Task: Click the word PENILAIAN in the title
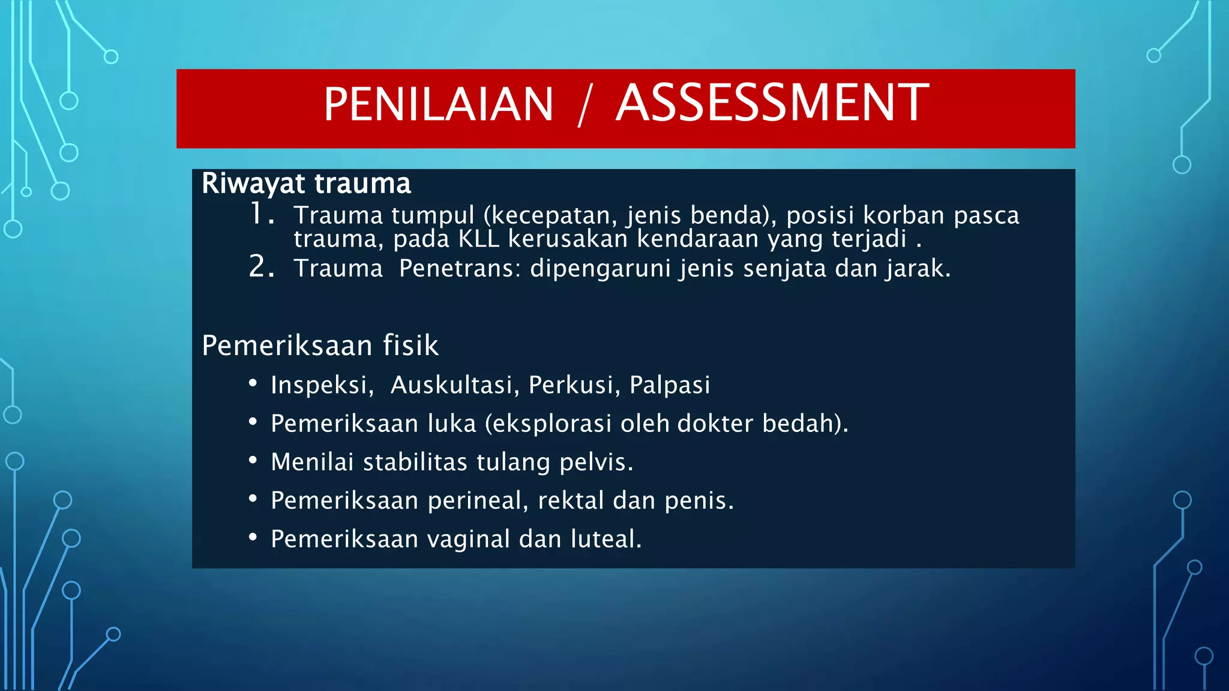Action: click(x=438, y=105)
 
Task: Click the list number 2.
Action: click(x=260, y=267)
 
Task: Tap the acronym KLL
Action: click(x=479, y=239)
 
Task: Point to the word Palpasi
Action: click(x=670, y=385)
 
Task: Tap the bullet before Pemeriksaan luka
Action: click(x=253, y=422)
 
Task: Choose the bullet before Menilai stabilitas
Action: click(x=253, y=461)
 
